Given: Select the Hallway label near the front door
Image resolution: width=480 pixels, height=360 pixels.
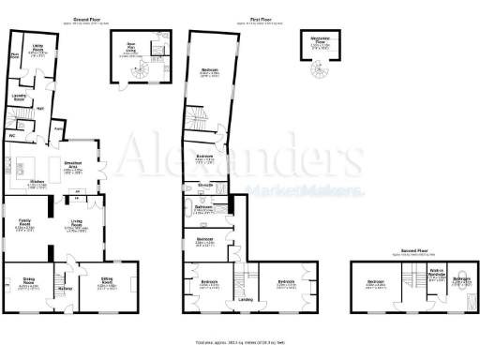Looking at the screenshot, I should (x=66, y=288).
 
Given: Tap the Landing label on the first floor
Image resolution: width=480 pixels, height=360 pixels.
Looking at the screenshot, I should (x=246, y=299).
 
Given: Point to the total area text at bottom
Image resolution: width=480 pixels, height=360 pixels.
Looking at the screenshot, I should (x=240, y=343).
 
